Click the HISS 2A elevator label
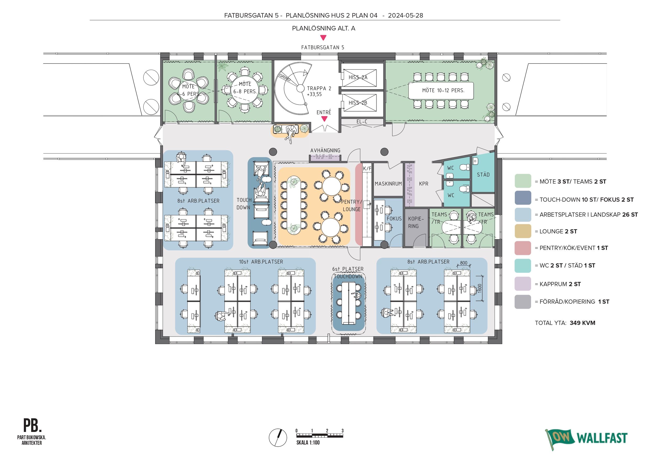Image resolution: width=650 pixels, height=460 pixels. tap(358, 77)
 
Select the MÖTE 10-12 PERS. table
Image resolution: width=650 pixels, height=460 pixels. tap(441, 91)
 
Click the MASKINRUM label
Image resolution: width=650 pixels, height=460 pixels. tap(388, 184)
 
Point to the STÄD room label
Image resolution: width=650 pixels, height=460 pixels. tap(483, 175)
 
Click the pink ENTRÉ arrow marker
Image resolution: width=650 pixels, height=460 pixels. tap(324, 119)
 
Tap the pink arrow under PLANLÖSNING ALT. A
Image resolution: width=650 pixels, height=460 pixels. tap(323, 38)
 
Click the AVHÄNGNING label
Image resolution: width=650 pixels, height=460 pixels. tap(325, 151)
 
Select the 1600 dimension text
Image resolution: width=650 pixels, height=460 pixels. tap(479, 288)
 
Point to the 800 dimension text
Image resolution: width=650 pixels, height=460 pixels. tap(464, 263)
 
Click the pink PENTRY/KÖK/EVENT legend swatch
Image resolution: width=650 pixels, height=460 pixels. tap(523, 248)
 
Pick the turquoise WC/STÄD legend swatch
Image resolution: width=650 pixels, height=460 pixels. tap(523, 266)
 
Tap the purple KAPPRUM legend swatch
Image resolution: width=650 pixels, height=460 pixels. tap(523, 284)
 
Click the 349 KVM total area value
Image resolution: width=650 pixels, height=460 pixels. tap(582, 323)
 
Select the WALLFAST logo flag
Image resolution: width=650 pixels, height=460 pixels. tap(559, 438)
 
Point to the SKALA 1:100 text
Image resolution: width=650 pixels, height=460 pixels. tap(308, 442)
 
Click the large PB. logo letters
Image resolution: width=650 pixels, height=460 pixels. tap(32, 425)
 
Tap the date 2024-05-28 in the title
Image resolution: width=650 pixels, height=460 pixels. tap(405, 15)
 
